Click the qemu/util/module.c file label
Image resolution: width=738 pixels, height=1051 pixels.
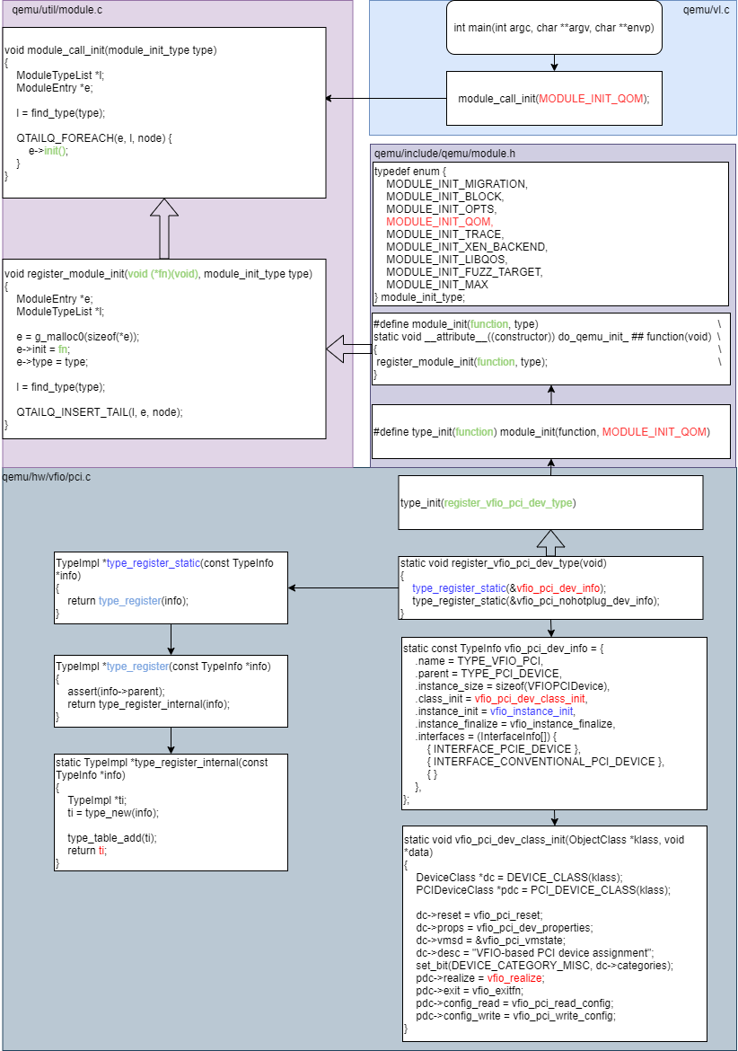pos(51,9)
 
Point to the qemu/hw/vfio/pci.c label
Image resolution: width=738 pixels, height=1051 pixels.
pos(47,476)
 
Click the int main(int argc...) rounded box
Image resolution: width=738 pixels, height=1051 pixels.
pos(554,27)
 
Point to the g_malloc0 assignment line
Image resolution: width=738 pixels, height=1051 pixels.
pos(78,336)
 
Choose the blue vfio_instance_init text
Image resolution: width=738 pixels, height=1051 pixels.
pos(537,711)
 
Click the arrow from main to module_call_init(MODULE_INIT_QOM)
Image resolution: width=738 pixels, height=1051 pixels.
pos(554,62)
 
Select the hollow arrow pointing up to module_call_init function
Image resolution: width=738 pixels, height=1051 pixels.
pos(164,228)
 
